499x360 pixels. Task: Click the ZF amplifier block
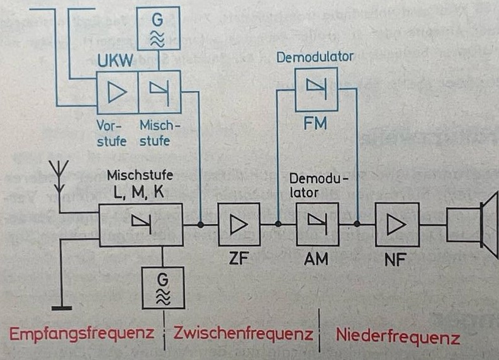[x=238, y=224]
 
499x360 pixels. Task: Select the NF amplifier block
[x=396, y=224]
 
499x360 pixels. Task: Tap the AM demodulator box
[x=317, y=224]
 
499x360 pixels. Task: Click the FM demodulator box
[x=316, y=89]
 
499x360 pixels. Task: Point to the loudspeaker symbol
[x=472, y=224]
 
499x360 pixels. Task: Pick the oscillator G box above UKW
[x=159, y=28]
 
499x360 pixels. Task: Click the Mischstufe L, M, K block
[x=141, y=224]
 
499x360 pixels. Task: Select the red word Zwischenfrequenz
[x=242, y=333]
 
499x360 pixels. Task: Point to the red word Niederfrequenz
[x=397, y=335]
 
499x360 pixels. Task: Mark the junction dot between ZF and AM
[x=278, y=224]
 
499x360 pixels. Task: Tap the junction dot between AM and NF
[x=357, y=224]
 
